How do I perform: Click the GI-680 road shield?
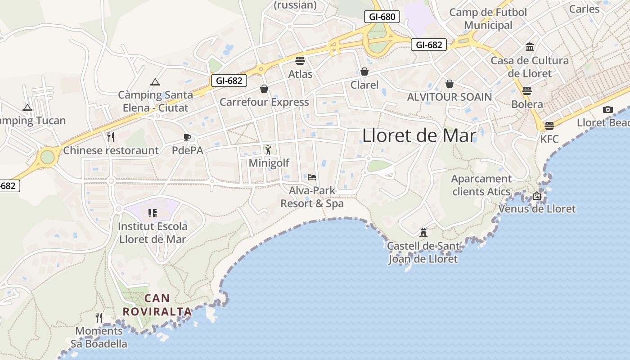click(x=382, y=17)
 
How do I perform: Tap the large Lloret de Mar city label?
click(x=419, y=135)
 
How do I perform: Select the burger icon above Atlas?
click(x=300, y=61)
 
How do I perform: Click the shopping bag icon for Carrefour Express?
click(x=264, y=89)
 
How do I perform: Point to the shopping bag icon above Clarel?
click(x=364, y=72)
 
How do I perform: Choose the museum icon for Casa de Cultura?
click(x=530, y=47)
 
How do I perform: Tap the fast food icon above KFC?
click(x=549, y=126)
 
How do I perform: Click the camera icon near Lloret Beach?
click(x=608, y=109)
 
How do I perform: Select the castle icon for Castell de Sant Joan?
click(x=423, y=233)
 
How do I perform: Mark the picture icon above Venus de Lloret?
click(x=536, y=196)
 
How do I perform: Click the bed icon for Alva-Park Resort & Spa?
click(x=312, y=177)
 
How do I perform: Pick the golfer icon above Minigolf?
click(x=269, y=149)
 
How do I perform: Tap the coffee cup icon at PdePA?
click(x=187, y=137)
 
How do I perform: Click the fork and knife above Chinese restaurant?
click(x=111, y=137)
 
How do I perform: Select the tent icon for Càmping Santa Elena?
click(x=155, y=82)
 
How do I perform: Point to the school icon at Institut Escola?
click(x=152, y=213)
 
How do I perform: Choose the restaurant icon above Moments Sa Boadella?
click(x=99, y=318)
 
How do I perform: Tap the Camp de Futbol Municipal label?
click(x=488, y=18)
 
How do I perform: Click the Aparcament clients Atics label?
click(x=481, y=185)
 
